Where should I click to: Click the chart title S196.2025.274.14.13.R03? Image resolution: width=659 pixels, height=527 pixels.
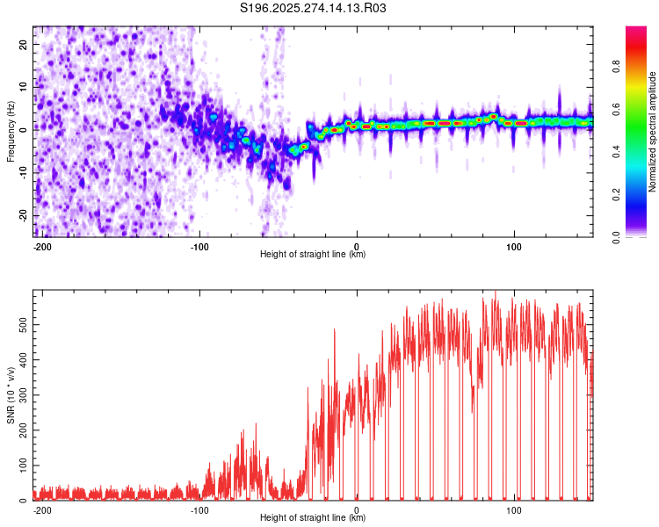[314, 9]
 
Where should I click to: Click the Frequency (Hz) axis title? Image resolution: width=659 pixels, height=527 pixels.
[11, 132]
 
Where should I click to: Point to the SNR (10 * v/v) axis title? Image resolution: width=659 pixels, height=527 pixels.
[11, 395]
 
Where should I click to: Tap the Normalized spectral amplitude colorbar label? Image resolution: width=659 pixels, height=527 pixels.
[653, 132]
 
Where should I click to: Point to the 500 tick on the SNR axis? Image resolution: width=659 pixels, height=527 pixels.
[23, 325]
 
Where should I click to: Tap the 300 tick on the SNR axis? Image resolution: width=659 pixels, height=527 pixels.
[23, 395]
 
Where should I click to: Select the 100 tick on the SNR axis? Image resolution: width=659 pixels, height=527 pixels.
[23, 466]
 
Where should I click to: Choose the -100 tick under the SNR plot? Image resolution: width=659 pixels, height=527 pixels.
[199, 509]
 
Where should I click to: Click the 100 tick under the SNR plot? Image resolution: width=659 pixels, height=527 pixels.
[513, 509]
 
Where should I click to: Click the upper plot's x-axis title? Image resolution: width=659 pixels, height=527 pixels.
[313, 254]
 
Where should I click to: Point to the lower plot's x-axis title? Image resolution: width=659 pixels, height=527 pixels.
[313, 517]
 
